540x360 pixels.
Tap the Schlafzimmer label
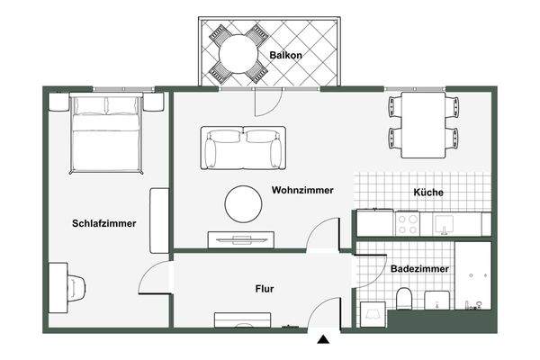pos(103,223)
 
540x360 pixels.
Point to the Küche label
pos(428,192)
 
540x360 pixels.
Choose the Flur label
pos(265,289)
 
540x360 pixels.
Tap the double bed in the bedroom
pos(106,135)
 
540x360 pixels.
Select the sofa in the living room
pos(243,148)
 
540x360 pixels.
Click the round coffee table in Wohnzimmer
pos(244,203)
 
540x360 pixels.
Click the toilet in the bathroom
pos(405,301)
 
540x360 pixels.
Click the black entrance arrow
pos(323,340)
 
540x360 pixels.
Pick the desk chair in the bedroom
pos(76,287)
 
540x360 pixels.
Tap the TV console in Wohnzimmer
pos(240,238)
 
